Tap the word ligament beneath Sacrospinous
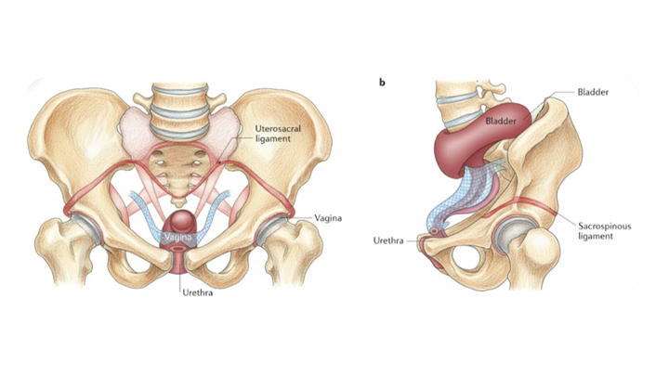click(x=596, y=236)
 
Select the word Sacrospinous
click(x=604, y=226)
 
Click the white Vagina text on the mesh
click(x=178, y=237)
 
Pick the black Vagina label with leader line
click(x=328, y=218)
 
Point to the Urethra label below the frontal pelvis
click(x=198, y=292)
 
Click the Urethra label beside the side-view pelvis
click(x=388, y=240)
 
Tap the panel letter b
click(x=382, y=83)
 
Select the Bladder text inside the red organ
click(x=501, y=121)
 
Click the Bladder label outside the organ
click(x=593, y=92)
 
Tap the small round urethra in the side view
click(x=435, y=231)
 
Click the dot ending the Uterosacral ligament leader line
click(x=218, y=162)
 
